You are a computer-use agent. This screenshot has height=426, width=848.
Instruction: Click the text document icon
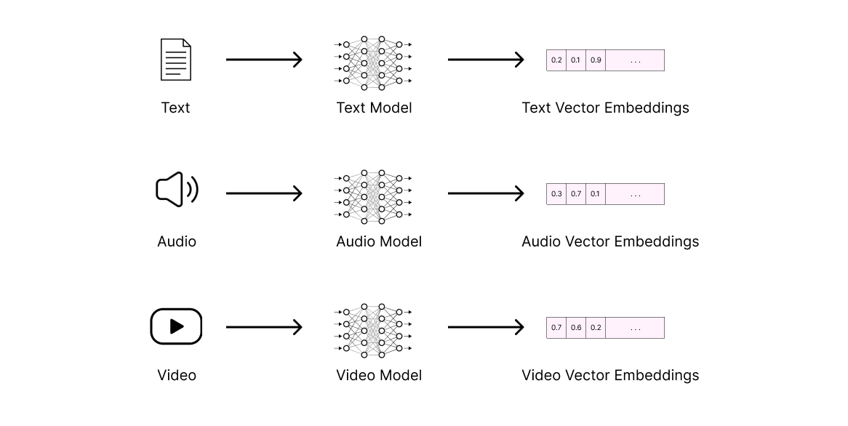pyautogui.click(x=175, y=60)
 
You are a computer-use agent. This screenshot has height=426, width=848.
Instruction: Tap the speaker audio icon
pyautogui.click(x=177, y=190)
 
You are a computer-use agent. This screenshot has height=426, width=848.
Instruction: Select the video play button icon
pyautogui.click(x=176, y=326)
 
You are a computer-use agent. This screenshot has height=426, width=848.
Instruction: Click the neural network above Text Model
pyautogui.click(x=373, y=62)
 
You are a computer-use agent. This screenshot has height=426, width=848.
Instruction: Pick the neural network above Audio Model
pyautogui.click(x=373, y=196)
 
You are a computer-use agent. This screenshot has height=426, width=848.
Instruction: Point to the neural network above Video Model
pyautogui.click(x=373, y=330)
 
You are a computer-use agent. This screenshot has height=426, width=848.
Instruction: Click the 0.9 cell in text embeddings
pyautogui.click(x=596, y=60)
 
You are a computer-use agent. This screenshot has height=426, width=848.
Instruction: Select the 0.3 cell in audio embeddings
pyautogui.click(x=556, y=194)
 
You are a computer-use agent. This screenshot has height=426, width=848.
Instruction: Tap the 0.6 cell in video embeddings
pyautogui.click(x=576, y=328)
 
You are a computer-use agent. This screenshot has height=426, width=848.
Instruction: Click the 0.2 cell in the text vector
pyautogui.click(x=556, y=60)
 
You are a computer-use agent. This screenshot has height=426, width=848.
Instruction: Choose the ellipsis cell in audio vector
pyautogui.click(x=635, y=194)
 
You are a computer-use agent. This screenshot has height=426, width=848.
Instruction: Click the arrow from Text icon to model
pyautogui.click(x=263, y=60)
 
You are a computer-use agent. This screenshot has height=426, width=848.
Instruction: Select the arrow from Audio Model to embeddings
pyautogui.click(x=485, y=193)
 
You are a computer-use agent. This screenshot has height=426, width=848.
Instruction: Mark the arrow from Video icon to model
pyautogui.click(x=263, y=327)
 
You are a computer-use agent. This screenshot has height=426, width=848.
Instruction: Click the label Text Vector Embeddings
pyautogui.click(x=605, y=108)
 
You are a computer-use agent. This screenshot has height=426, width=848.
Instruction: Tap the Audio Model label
pyautogui.click(x=378, y=241)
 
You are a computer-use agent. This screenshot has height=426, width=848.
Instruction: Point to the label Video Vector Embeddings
pyautogui.click(x=609, y=375)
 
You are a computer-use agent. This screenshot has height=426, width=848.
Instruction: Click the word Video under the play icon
pyautogui.click(x=177, y=375)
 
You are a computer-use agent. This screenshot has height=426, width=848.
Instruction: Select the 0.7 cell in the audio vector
pyautogui.click(x=576, y=194)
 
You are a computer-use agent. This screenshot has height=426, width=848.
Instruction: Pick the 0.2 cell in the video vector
pyautogui.click(x=596, y=328)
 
